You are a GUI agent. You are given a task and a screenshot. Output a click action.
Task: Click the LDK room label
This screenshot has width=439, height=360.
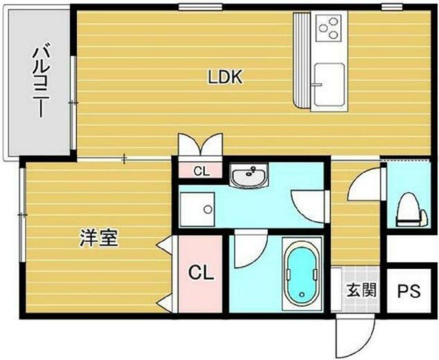point(225,77)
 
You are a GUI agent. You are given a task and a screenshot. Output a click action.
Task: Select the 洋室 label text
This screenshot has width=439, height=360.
point(98,238)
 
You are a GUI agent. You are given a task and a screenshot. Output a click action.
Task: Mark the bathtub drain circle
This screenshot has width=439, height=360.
point(303,295)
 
